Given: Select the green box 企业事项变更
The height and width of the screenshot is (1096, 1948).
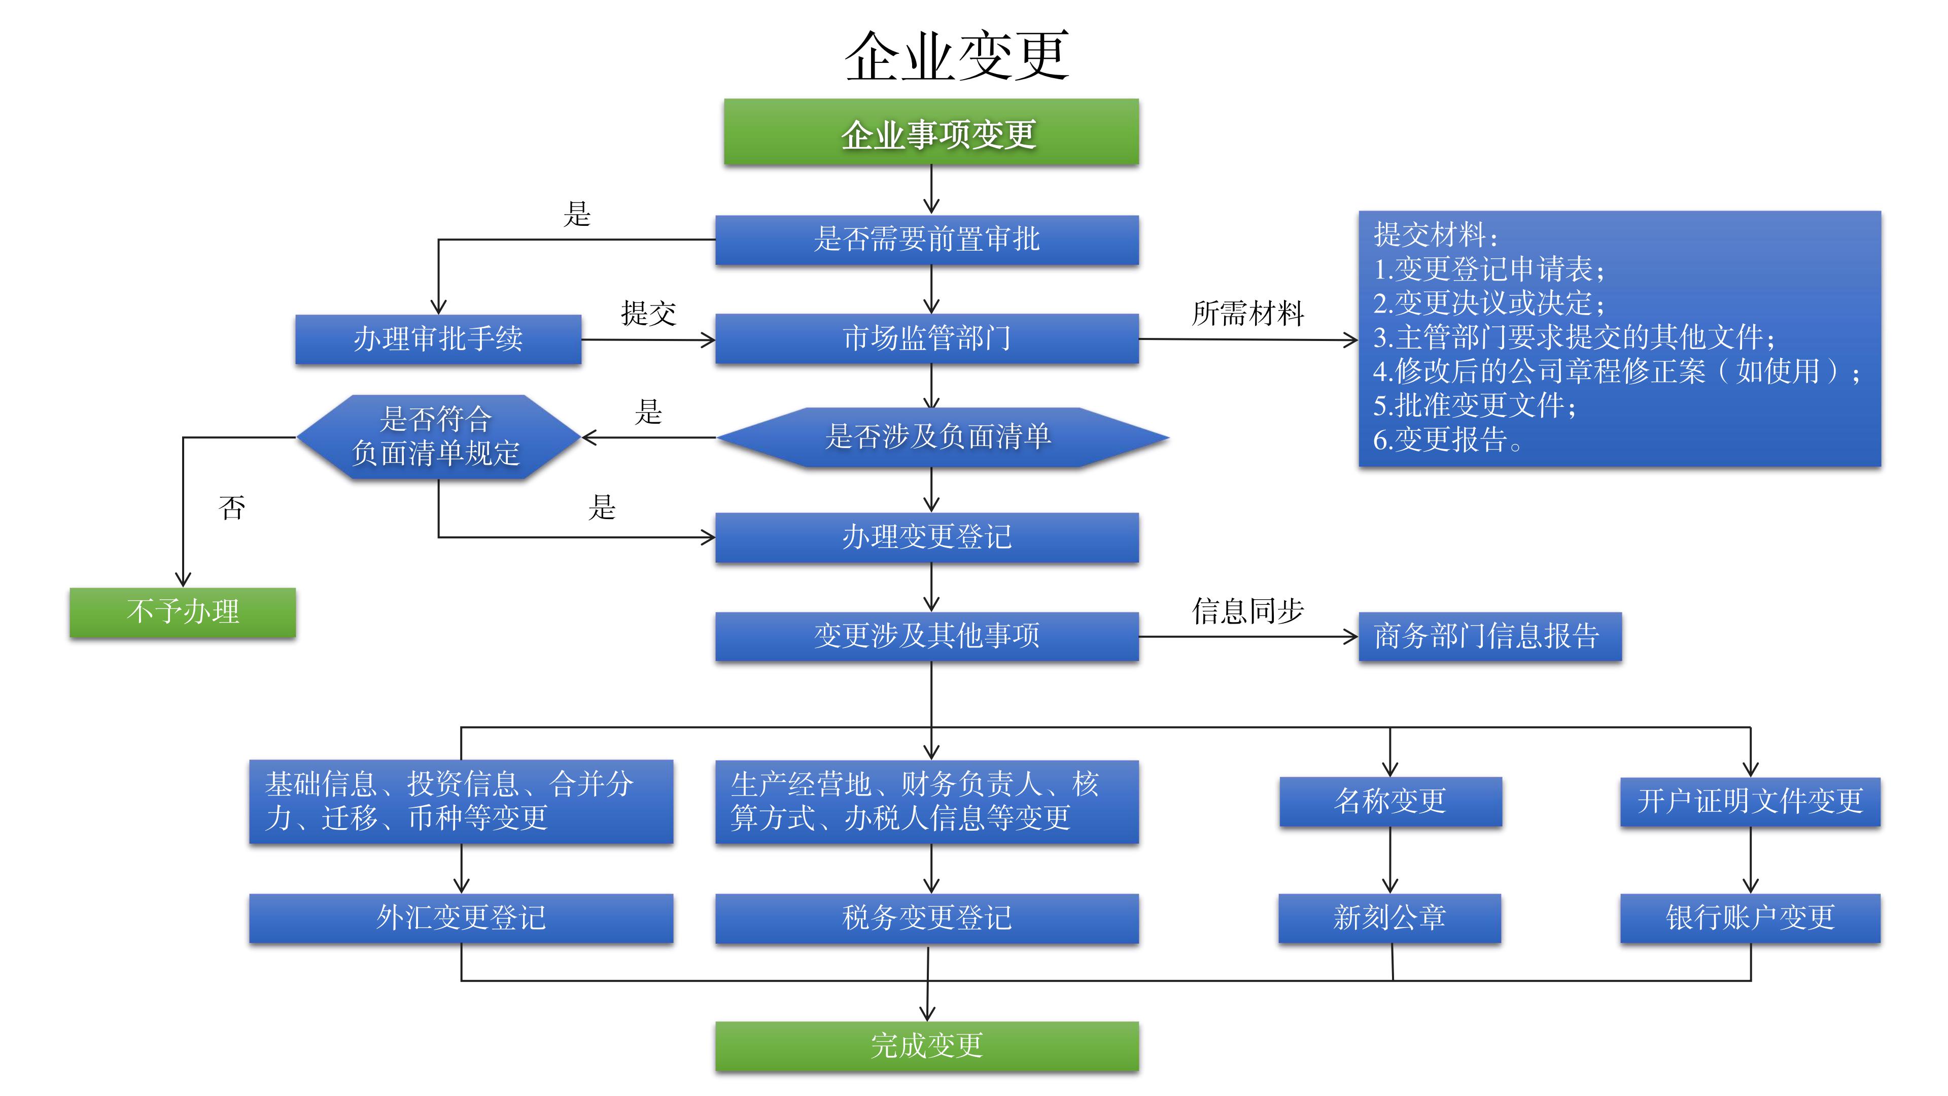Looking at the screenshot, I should point(931,132).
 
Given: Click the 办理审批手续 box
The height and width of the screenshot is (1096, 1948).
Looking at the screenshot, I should point(438,339).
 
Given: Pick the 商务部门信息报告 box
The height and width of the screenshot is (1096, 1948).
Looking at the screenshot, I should point(1489,636).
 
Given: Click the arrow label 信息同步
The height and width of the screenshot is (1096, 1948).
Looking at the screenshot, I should point(1248,610).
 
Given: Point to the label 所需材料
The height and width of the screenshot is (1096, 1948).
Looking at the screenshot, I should point(1248,313).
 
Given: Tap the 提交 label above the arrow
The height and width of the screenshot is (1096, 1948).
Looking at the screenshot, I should point(648,313).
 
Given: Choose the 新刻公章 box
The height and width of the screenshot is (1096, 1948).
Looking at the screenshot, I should point(1389,917).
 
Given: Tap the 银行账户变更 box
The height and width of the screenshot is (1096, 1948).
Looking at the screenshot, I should point(1750,917).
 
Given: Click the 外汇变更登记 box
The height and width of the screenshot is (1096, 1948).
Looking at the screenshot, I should point(461,917).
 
